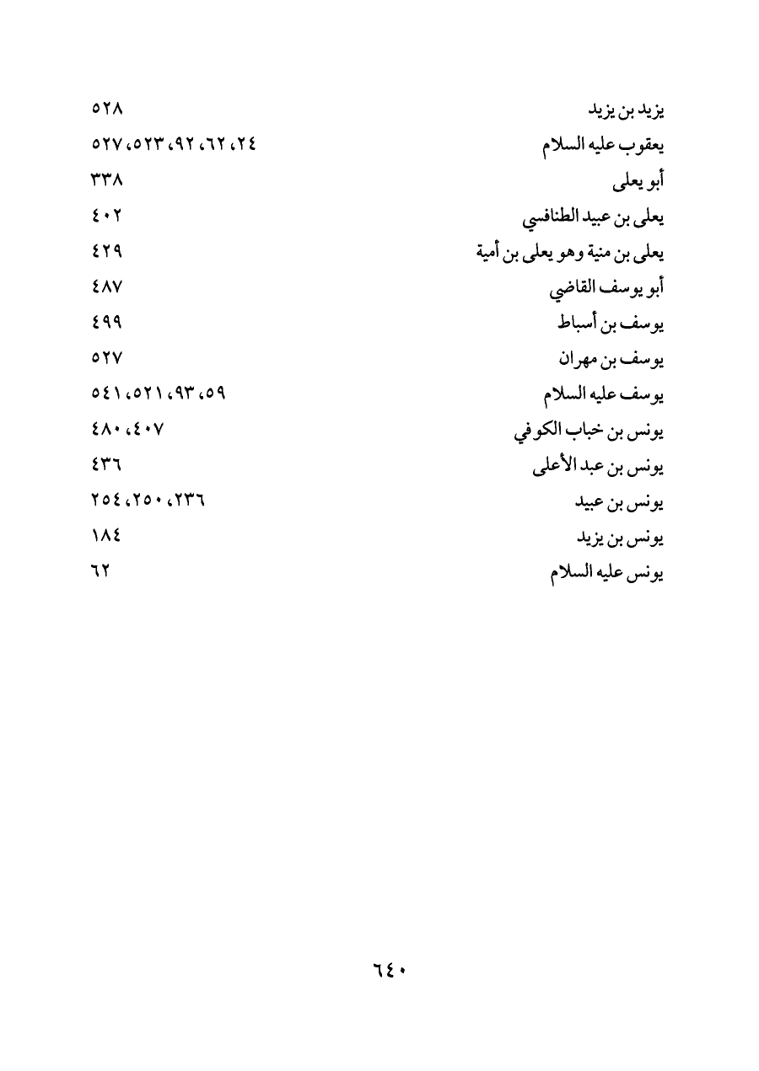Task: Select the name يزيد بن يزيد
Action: (626, 111)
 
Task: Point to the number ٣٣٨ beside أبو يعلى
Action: (107, 181)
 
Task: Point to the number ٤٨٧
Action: (107, 287)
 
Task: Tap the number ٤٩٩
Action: (107, 323)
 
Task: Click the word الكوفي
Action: (537, 432)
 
